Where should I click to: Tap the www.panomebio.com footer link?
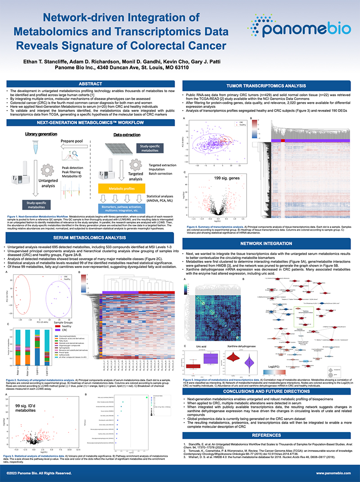[333, 473]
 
